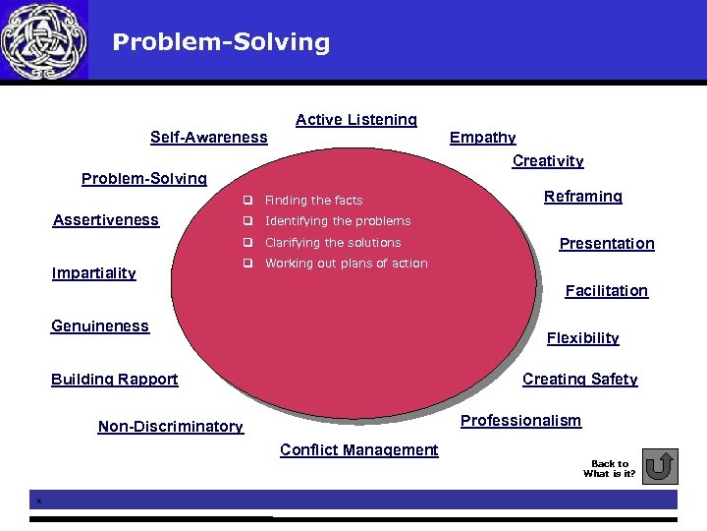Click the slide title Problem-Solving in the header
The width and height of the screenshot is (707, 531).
click(221, 42)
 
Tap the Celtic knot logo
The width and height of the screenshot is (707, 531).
click(43, 40)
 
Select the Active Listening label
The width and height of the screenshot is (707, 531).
click(355, 120)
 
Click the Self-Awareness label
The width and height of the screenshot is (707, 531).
click(208, 138)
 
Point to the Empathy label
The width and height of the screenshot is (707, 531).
click(482, 138)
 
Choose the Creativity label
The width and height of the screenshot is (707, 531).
click(548, 161)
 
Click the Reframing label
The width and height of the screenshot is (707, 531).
click(582, 197)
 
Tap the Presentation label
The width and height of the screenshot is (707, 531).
click(606, 244)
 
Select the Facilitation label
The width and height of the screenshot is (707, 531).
click(606, 291)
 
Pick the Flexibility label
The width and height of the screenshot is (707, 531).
click(582, 338)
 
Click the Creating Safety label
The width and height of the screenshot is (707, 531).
click(579, 380)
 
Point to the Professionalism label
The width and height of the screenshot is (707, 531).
click(520, 421)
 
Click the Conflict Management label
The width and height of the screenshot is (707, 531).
click(358, 450)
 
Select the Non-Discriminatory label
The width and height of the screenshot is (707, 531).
click(170, 427)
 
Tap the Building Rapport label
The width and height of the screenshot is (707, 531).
click(114, 380)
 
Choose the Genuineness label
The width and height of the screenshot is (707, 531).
click(99, 326)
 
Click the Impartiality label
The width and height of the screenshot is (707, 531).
click(93, 273)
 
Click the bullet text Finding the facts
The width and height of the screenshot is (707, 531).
click(313, 201)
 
